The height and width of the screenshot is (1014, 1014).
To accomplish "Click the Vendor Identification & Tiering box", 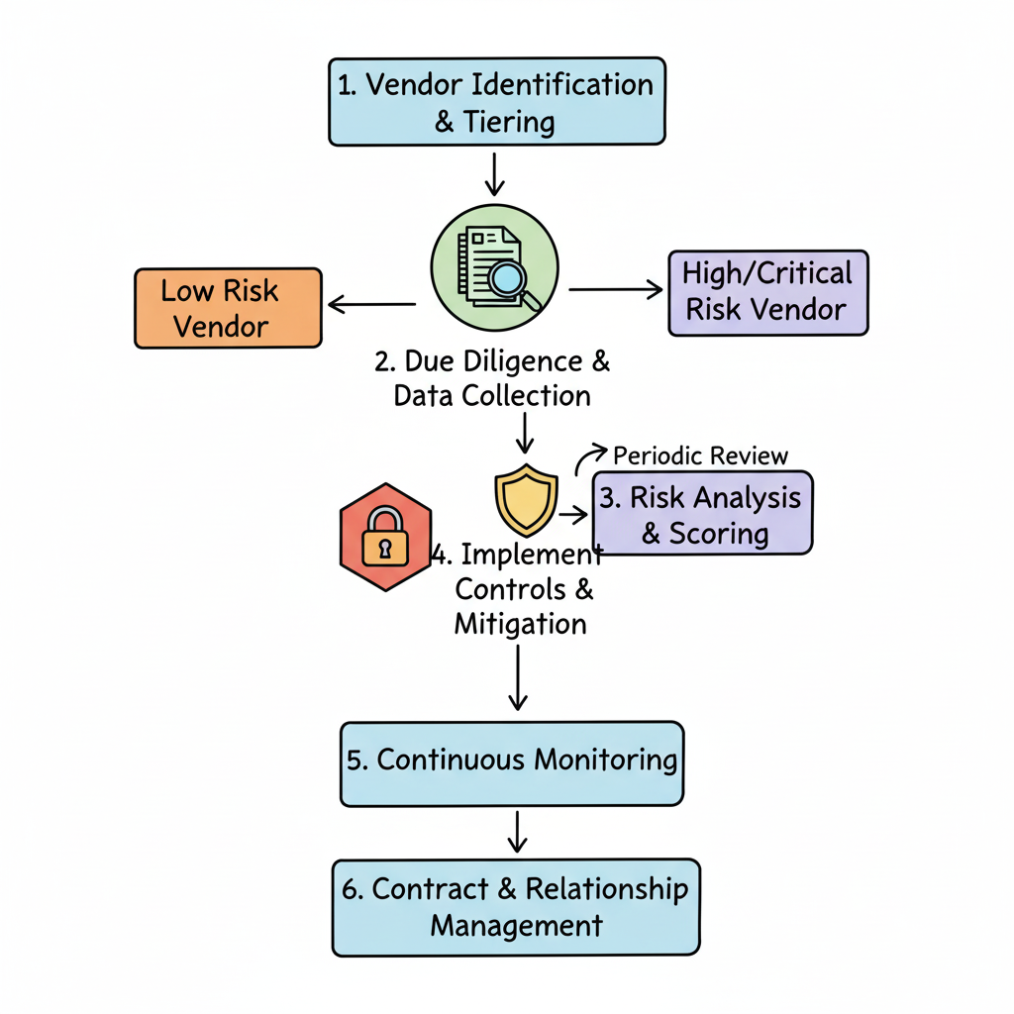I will click(x=496, y=102).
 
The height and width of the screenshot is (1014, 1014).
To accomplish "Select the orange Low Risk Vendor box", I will click(x=228, y=308).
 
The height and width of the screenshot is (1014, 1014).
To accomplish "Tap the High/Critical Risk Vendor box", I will click(x=767, y=292).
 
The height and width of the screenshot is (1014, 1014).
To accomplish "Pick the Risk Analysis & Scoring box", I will click(x=702, y=514).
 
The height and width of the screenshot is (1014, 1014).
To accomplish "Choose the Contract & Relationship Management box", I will click(x=516, y=907).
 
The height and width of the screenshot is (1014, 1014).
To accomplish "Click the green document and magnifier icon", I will click(x=494, y=265).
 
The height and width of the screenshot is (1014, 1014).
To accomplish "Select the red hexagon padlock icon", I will click(x=385, y=537).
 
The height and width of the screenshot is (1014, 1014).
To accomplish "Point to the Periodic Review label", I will click(x=700, y=456).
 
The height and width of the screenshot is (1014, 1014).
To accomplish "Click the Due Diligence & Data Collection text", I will click(x=492, y=378).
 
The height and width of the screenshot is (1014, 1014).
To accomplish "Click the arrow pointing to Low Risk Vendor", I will click(x=372, y=304).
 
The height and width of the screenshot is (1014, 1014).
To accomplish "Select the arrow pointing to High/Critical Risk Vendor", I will click(x=616, y=289).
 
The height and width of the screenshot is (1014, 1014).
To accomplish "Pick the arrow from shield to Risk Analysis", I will click(x=573, y=515).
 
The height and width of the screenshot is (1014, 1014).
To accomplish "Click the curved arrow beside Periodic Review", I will click(x=588, y=458).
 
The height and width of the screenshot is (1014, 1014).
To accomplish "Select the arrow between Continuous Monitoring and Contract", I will click(x=515, y=831).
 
